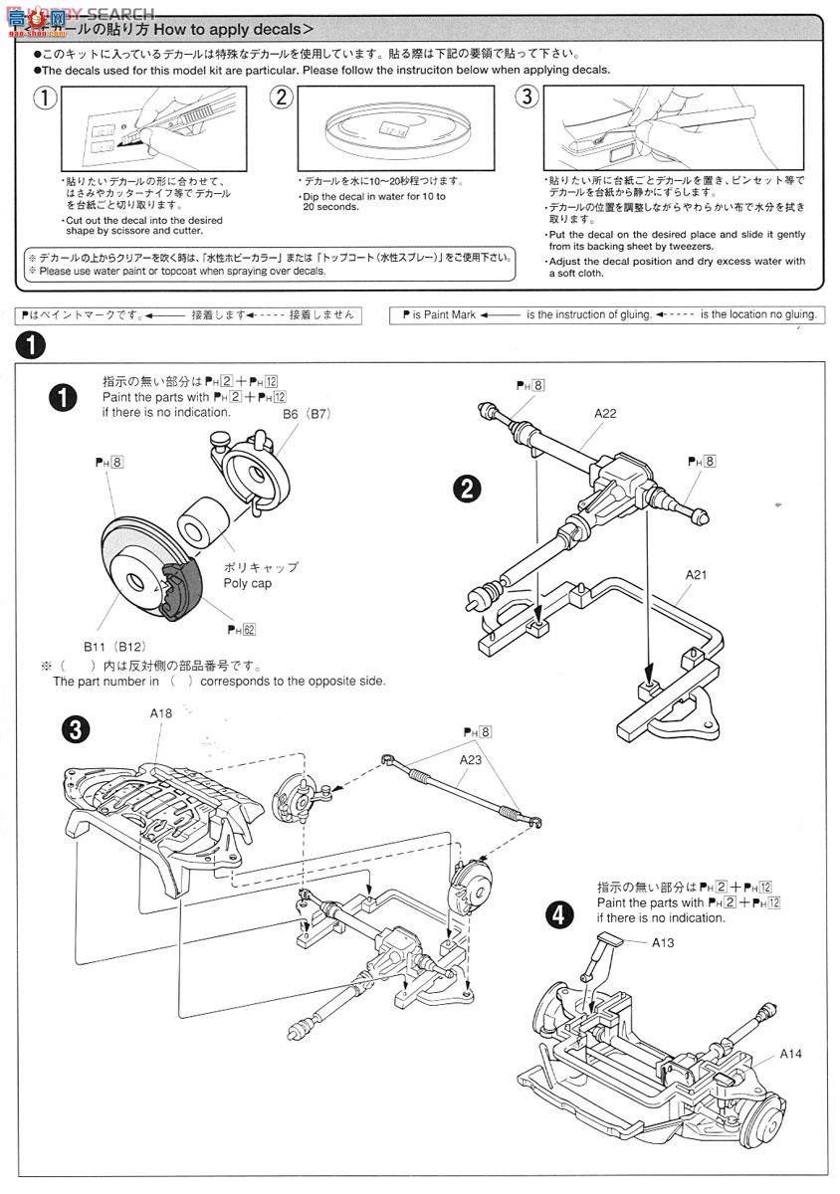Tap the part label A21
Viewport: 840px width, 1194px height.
(x=697, y=575)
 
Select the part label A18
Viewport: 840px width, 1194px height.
(x=161, y=713)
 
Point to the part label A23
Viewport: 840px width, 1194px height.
(x=473, y=758)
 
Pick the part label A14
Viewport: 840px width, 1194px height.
(x=791, y=1053)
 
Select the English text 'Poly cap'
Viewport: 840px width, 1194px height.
(x=248, y=583)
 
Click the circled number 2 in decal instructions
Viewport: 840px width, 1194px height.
(x=283, y=98)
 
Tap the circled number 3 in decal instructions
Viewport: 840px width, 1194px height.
(x=527, y=98)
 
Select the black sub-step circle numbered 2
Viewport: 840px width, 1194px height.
(x=465, y=487)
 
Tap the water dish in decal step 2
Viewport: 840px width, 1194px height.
(x=392, y=130)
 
